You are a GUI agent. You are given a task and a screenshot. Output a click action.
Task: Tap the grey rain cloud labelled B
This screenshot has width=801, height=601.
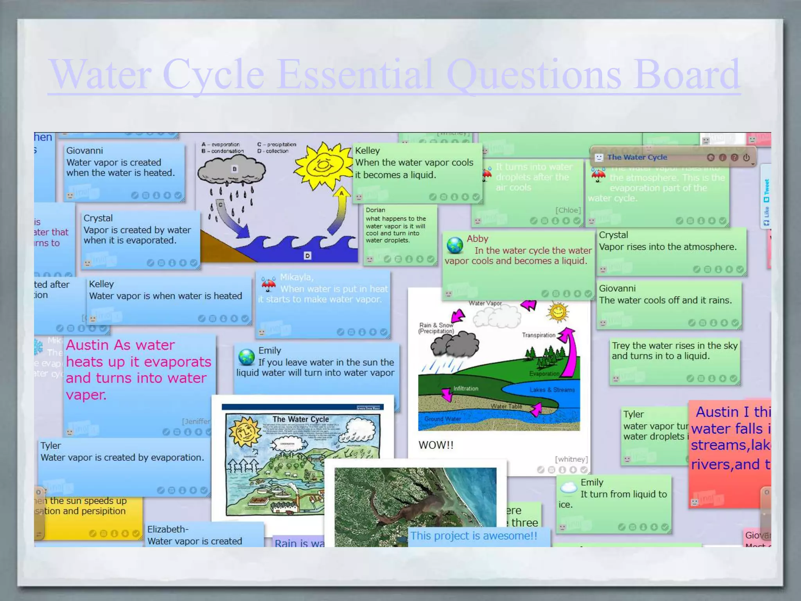click(232, 171)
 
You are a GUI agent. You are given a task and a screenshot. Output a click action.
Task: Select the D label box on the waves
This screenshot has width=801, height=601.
click(307, 256)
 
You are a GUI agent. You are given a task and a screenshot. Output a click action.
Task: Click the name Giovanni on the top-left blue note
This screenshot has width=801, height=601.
click(84, 151)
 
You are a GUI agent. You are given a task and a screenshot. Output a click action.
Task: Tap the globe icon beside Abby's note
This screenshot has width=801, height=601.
click(455, 245)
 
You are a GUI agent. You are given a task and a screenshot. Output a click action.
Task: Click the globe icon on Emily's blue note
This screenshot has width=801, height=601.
click(246, 357)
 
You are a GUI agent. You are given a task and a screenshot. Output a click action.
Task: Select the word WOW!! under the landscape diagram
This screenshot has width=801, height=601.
click(436, 445)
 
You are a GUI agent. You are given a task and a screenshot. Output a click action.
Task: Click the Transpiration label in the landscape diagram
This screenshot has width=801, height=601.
click(539, 335)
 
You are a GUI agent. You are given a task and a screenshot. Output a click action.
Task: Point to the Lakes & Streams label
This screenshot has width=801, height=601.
click(552, 390)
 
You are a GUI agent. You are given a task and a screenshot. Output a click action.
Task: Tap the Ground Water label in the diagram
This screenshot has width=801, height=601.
click(442, 419)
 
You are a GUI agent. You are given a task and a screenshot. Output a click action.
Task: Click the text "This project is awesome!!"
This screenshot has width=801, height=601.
click(474, 536)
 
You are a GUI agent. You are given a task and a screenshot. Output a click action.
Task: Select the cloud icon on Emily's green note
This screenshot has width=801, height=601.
click(568, 488)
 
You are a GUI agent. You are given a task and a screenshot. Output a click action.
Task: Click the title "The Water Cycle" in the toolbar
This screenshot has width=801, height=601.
click(637, 157)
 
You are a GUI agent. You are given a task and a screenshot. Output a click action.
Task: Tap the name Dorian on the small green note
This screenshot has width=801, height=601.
click(375, 210)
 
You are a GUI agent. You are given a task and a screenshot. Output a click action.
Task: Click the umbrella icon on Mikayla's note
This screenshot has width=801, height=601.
click(268, 284)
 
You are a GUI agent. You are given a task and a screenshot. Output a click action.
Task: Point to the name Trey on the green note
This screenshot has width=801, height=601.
click(621, 345)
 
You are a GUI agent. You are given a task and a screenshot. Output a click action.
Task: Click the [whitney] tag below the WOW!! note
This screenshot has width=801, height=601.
click(571, 459)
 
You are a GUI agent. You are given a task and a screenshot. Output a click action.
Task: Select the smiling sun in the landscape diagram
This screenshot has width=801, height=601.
click(558, 312)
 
